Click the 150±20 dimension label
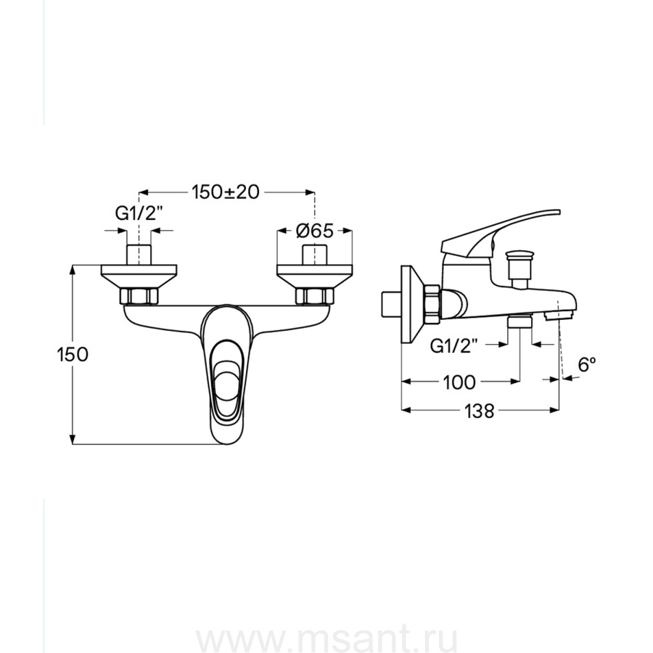click(x=226, y=192)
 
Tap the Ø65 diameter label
click(x=315, y=231)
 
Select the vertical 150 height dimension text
click(x=73, y=355)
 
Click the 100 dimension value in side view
click(x=459, y=382)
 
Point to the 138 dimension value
click(x=479, y=411)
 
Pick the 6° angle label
click(x=586, y=365)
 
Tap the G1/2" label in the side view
click(x=453, y=345)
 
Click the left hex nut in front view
click(x=139, y=296)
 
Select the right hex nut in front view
click(x=314, y=296)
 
